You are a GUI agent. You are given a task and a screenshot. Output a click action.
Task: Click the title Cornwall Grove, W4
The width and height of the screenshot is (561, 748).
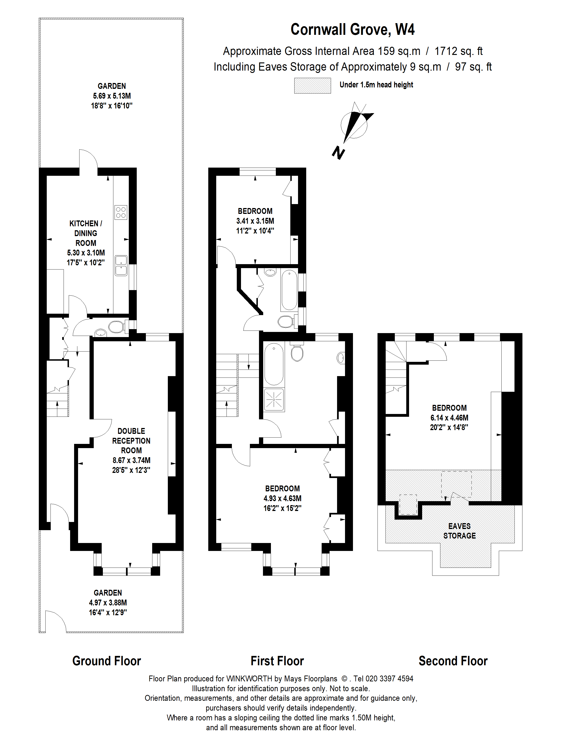pyautogui.click(x=352, y=30)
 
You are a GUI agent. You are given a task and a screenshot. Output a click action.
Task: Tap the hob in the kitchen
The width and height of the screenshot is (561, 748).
pyautogui.click(x=121, y=212)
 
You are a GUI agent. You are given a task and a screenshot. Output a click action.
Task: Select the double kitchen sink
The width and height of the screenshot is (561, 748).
pyautogui.click(x=121, y=266)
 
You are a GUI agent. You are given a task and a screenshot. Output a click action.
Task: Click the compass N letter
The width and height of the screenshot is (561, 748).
pyautogui.click(x=338, y=153)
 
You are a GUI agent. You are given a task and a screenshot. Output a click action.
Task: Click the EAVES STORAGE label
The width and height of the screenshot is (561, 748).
pyautogui.click(x=459, y=531)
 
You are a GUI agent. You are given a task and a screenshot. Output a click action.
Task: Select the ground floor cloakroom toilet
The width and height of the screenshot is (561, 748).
pyautogui.click(x=116, y=327)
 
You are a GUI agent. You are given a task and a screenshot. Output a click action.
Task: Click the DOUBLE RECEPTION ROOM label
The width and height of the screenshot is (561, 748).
pyautogui.click(x=131, y=440)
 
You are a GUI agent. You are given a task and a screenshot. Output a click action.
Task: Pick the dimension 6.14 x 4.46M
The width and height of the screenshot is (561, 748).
pyautogui.click(x=449, y=418)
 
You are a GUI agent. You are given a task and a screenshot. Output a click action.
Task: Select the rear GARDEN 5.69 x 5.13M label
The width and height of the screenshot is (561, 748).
pyautogui.click(x=111, y=96)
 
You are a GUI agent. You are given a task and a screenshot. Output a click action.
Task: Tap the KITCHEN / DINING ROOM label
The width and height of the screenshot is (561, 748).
pyautogui.click(x=86, y=233)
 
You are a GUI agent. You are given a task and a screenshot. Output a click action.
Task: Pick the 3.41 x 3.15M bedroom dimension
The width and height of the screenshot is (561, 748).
pyautogui.click(x=255, y=221)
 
